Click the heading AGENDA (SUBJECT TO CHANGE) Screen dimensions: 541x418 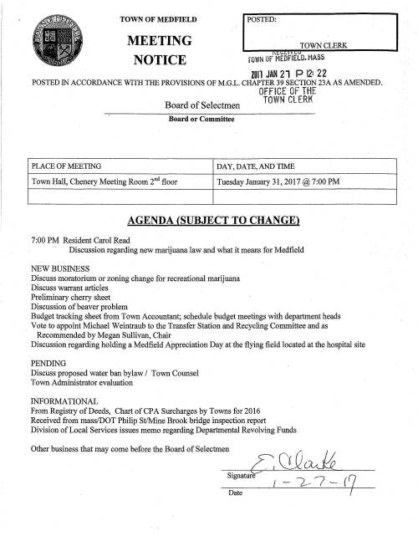coord(209,222)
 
